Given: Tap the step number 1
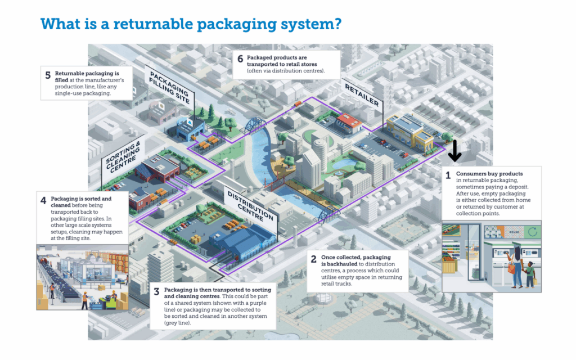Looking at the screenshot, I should tap(448, 175).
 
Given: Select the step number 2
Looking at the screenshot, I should tap(313, 259).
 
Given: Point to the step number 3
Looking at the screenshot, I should tap(156, 291).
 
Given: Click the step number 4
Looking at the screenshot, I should tap(43, 201).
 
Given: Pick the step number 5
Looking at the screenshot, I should tap(47, 75).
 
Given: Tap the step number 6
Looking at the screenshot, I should tap(240, 59).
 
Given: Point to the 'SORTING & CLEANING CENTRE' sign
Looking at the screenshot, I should tap(121, 160).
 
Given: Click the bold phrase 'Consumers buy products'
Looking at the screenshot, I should tap(489, 174).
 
